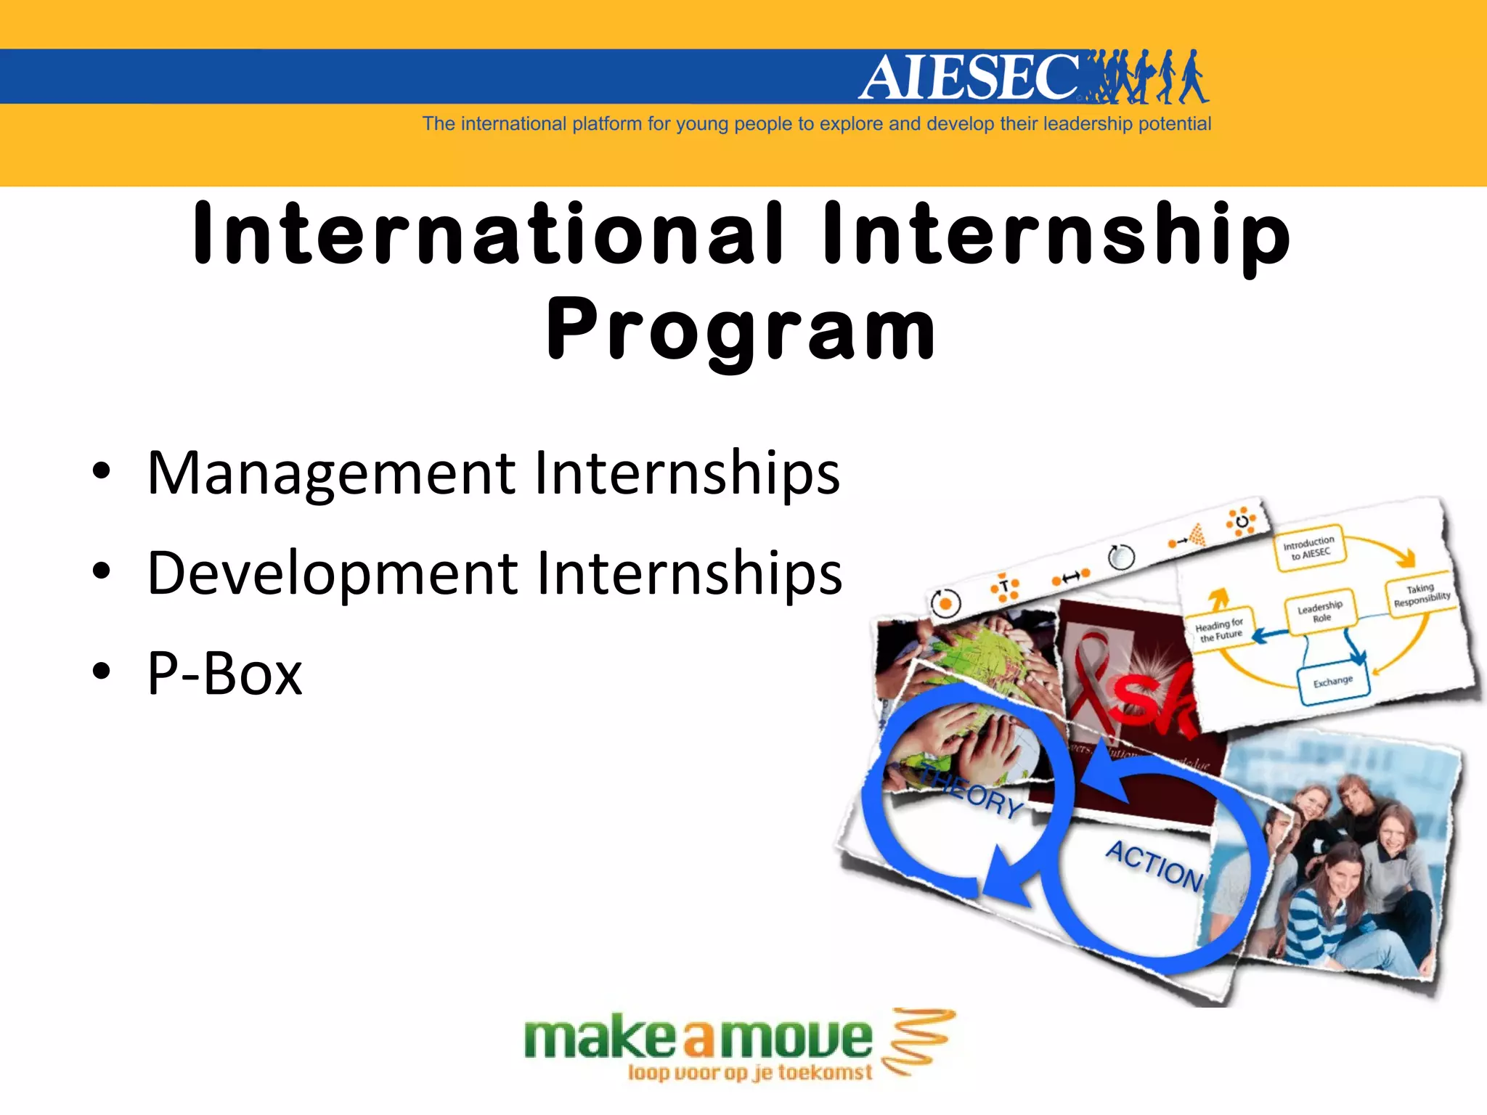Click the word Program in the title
741,330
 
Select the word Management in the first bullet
331,473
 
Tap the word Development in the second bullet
331,573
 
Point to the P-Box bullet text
224,673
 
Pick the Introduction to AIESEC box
1308,547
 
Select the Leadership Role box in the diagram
1320,610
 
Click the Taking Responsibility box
1421,595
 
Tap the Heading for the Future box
1220,629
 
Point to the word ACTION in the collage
1154,865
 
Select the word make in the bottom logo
600,1039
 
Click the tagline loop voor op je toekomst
749,1073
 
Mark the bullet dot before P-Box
102,672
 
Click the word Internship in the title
1056,233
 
